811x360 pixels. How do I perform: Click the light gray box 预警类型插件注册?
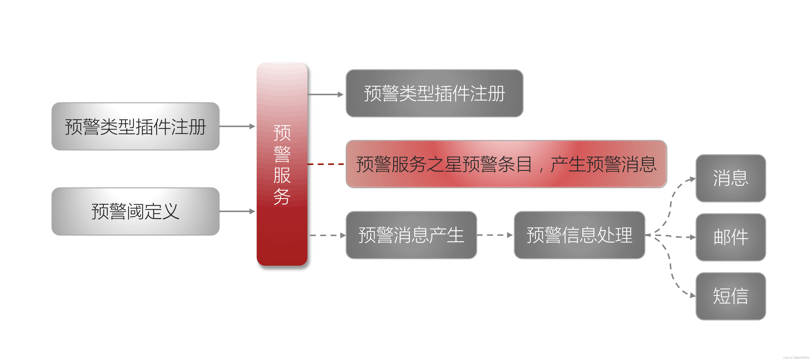[135, 126]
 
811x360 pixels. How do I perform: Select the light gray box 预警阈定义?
[135, 211]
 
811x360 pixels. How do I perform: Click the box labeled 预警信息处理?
[579, 235]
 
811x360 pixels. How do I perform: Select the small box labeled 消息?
[730, 178]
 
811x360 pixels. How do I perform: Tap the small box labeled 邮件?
[730, 237]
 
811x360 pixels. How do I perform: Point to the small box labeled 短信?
[730, 296]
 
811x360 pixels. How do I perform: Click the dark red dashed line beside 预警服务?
[326, 164]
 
